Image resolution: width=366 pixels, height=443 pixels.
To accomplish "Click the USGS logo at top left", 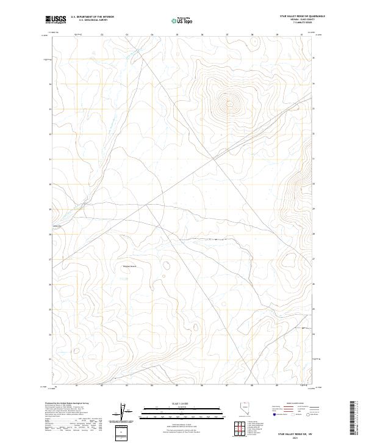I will (x=56, y=20).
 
